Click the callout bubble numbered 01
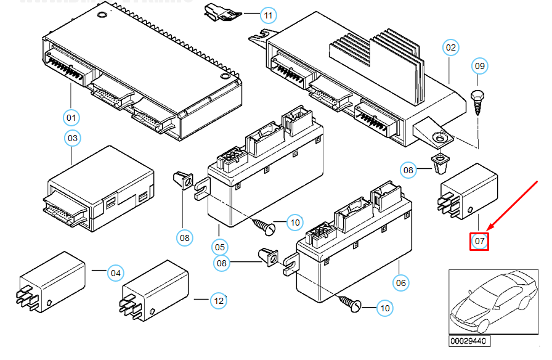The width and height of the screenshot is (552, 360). click(x=71, y=117)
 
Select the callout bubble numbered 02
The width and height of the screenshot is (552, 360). click(x=452, y=47)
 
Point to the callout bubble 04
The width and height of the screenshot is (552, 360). click(x=115, y=272)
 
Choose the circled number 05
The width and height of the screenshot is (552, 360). click(x=220, y=247)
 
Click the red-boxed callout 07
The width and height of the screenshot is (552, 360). click(x=479, y=240)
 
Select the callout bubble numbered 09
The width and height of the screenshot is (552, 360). click(x=480, y=65)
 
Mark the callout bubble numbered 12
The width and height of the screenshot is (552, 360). click(x=218, y=301)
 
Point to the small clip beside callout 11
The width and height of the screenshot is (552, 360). click(x=218, y=10)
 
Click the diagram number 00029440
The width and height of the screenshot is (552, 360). click(x=469, y=341)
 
